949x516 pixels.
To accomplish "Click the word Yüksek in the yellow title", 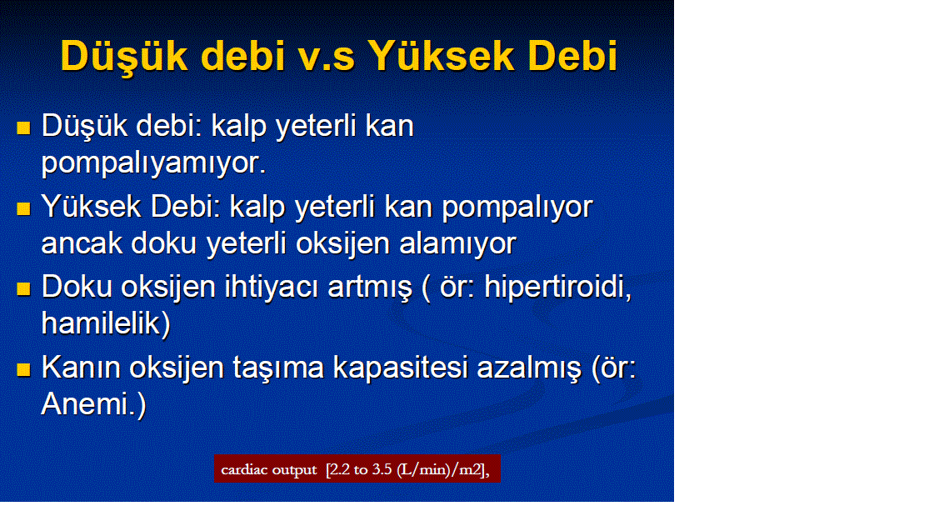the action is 442,56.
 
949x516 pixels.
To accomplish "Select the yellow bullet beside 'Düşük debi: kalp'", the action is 23,128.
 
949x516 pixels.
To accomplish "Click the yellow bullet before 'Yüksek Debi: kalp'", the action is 23,209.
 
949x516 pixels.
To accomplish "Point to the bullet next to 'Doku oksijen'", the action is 23,289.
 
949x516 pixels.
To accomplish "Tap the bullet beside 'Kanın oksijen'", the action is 23,369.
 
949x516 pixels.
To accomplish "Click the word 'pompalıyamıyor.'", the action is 154,163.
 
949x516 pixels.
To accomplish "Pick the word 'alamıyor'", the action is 457,243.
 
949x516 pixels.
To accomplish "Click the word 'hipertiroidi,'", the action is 558,288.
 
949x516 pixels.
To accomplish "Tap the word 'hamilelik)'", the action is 106,323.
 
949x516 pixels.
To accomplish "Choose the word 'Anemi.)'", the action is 94,403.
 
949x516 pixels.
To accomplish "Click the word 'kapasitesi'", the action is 400,368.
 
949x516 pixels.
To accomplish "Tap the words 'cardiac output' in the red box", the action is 269,470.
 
